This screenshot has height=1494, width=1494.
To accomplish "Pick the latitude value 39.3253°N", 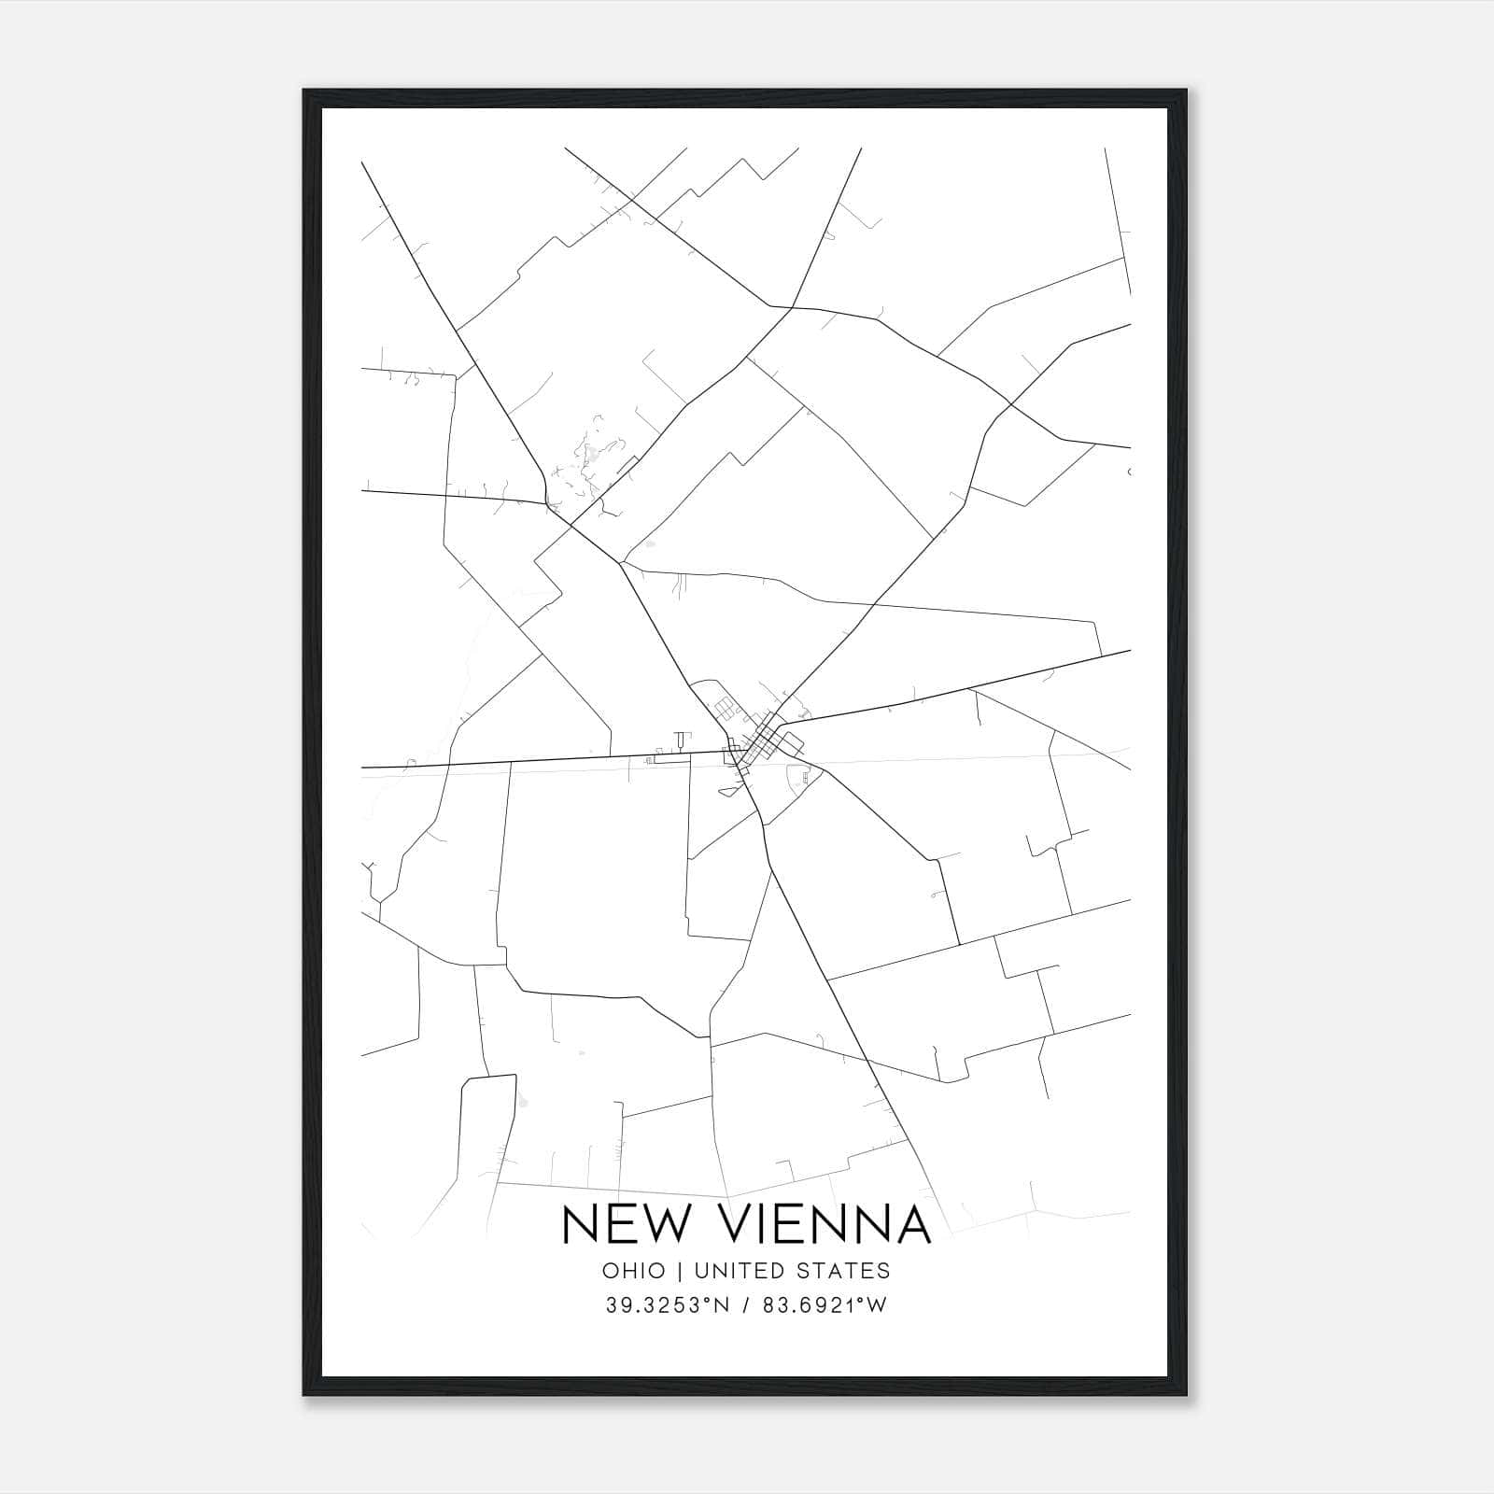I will point(665,1305).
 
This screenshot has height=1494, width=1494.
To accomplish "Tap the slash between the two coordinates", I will point(746,1305).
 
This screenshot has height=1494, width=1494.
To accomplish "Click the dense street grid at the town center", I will point(768,738).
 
